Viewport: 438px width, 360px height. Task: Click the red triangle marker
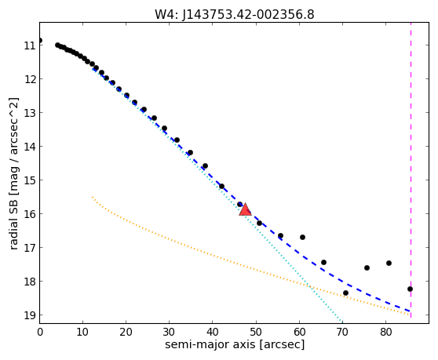pos(245,210)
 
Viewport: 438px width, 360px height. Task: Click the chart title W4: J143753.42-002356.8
pos(235,15)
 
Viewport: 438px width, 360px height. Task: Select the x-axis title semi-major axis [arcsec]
pos(235,344)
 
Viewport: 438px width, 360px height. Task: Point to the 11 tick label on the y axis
pos(30,45)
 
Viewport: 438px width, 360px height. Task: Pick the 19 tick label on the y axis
pos(30,315)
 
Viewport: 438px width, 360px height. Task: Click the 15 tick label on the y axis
pos(30,180)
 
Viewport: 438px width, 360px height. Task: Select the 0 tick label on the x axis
pos(40,333)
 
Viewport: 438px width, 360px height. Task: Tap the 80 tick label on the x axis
pos(385,333)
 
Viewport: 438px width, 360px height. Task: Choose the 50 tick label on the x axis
pos(256,333)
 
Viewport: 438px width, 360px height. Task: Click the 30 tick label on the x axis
pos(170,333)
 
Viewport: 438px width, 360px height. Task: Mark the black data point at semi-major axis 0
pos(40,41)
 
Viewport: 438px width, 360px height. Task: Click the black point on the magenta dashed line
pos(410,289)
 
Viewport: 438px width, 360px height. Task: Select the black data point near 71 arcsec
pos(345,293)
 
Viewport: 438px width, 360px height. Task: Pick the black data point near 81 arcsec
pos(389,264)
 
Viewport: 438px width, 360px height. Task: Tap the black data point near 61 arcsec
pos(302,237)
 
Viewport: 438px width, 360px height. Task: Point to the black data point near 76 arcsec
pos(367,268)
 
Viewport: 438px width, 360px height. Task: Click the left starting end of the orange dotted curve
pos(93,197)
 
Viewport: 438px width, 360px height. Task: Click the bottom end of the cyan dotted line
pos(342,322)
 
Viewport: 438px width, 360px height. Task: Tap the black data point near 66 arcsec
pos(323,262)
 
